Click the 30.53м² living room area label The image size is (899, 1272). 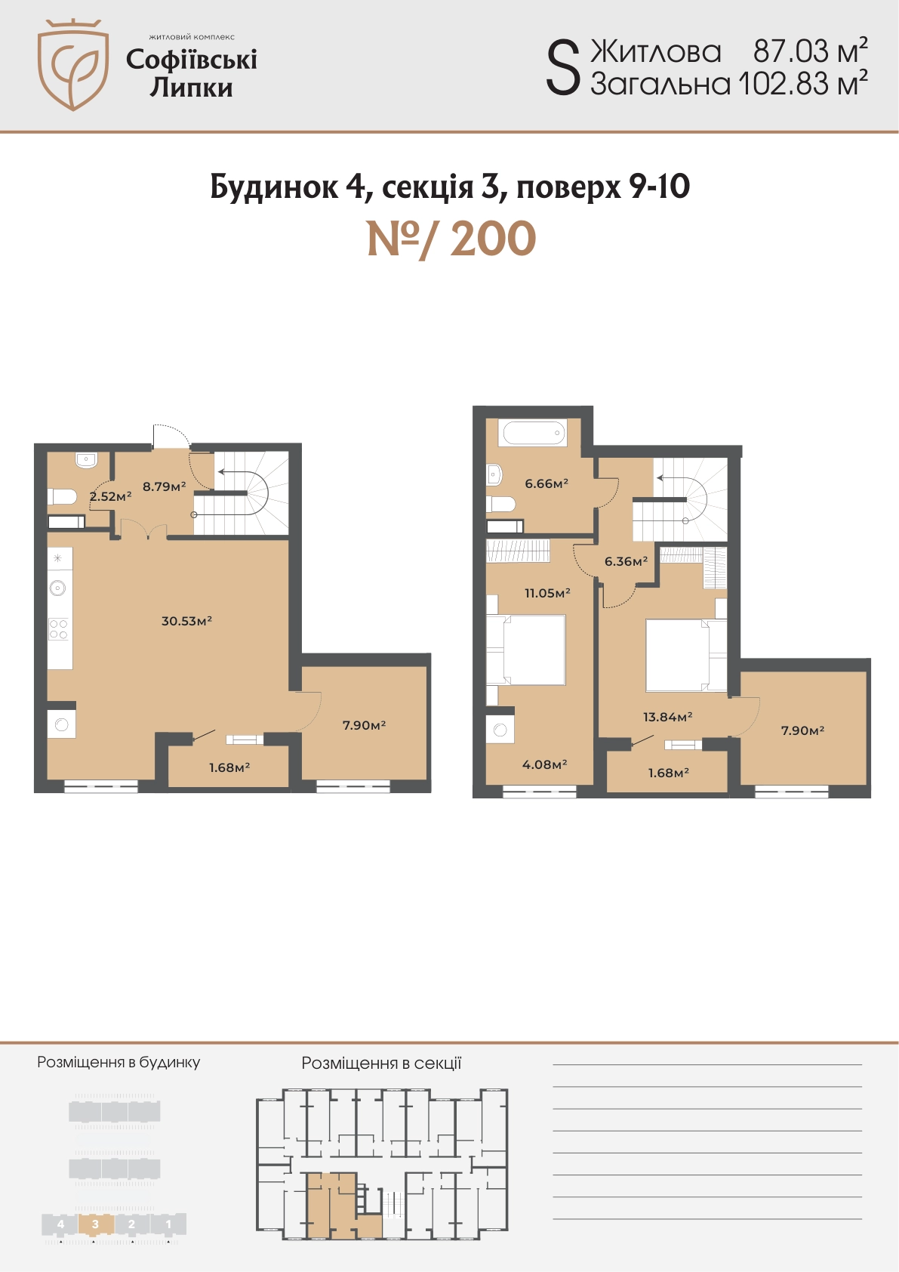(x=186, y=621)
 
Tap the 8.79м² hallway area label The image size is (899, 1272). (x=164, y=486)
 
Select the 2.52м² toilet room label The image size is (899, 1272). (x=111, y=496)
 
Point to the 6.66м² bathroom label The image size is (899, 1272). (x=546, y=484)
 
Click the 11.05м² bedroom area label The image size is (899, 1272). (x=547, y=593)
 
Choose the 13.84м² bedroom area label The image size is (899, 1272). (x=667, y=717)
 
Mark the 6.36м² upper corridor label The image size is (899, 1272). (x=626, y=562)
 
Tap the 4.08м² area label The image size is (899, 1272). (x=545, y=764)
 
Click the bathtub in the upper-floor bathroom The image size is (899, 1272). (x=532, y=433)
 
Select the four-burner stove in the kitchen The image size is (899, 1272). (x=58, y=629)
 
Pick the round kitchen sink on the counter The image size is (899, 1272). (x=58, y=588)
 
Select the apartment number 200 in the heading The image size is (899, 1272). (x=493, y=239)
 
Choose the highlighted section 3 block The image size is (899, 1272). (x=95, y=1224)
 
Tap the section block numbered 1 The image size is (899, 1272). (x=168, y=1224)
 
